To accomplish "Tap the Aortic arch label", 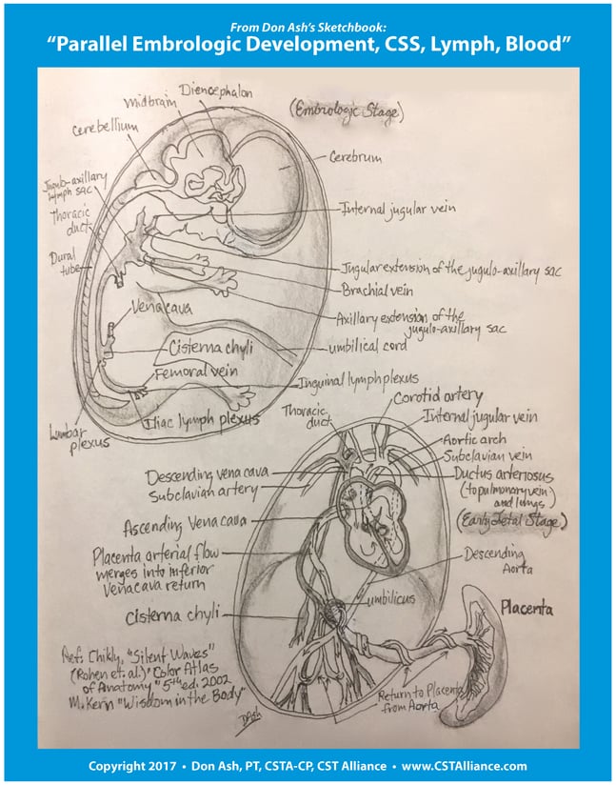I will coord(476,437).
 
